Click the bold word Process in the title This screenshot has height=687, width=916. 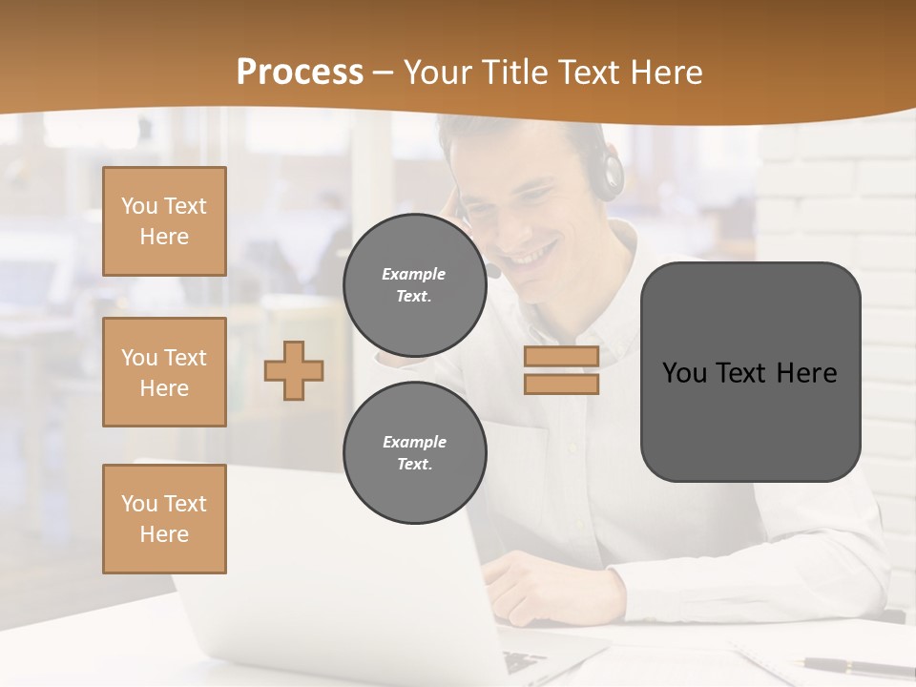pos(300,73)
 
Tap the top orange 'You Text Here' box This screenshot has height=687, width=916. pos(164,221)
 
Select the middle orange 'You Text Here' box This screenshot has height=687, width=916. pos(164,372)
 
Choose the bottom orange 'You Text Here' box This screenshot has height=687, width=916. pos(164,519)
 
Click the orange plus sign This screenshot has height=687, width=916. pos(294,371)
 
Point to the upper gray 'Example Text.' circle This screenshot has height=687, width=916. pos(414,285)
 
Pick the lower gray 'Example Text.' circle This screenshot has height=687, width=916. pos(414,453)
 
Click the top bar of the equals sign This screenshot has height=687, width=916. pos(561,357)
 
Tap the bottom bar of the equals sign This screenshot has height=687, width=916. pos(561,384)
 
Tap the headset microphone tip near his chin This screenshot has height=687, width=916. pos(493,272)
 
